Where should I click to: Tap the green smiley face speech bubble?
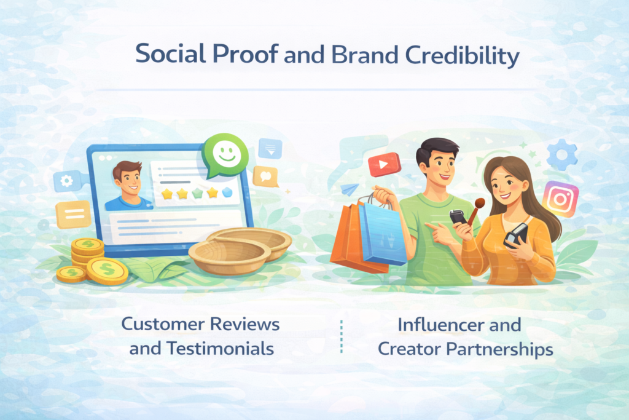(x=225, y=156)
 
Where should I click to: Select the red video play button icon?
(x=385, y=164)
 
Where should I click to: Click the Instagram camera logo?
(x=560, y=199)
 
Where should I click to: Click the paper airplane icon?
(x=350, y=189)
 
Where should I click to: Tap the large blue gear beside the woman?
(x=562, y=155)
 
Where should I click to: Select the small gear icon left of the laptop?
(x=66, y=181)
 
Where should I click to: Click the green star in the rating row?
(x=197, y=194)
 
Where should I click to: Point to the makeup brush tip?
(x=480, y=202)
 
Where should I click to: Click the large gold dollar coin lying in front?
(x=107, y=271)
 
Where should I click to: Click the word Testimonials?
(x=221, y=349)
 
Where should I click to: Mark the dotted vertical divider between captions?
(x=342, y=336)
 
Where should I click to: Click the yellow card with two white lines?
(x=74, y=214)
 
